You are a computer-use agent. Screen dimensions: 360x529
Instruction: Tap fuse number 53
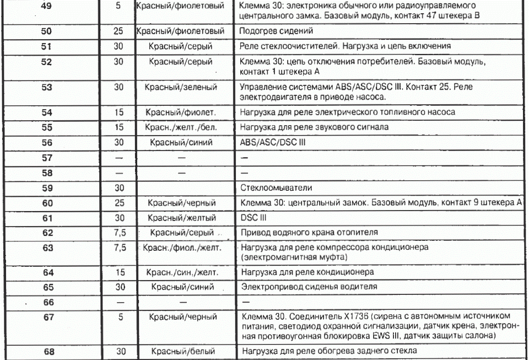point(47,87)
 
